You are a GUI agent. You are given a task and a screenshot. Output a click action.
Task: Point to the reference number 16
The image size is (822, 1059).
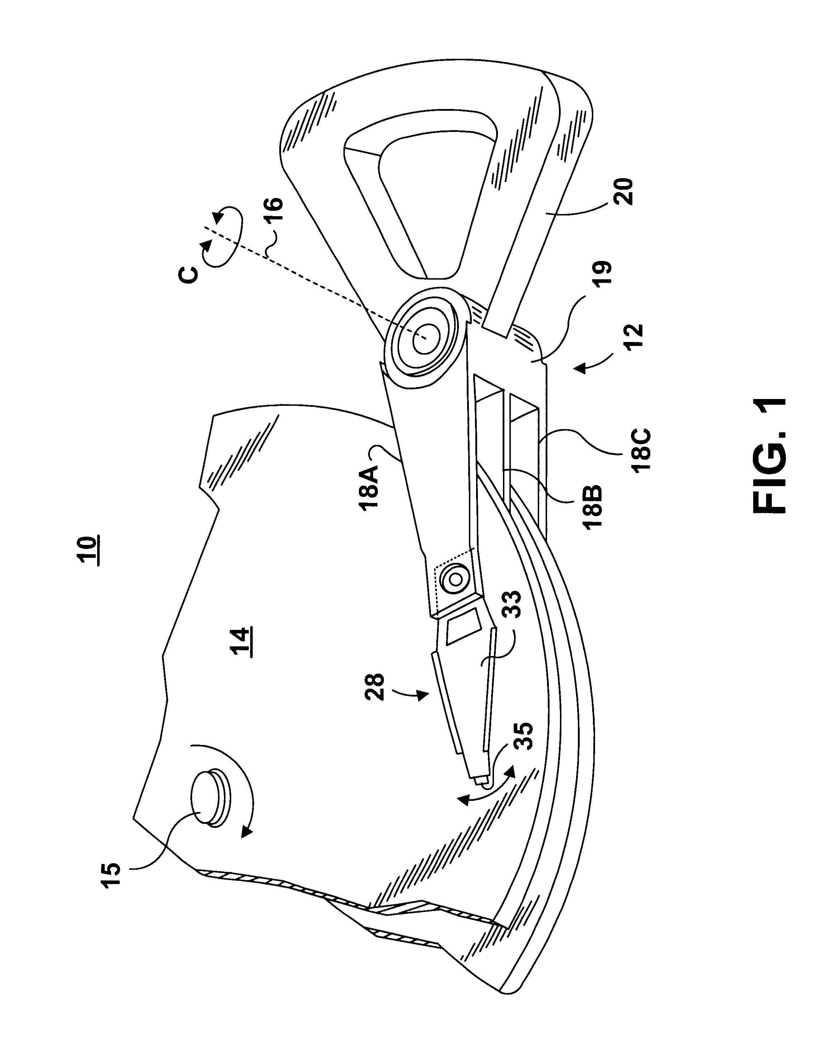point(274,212)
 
